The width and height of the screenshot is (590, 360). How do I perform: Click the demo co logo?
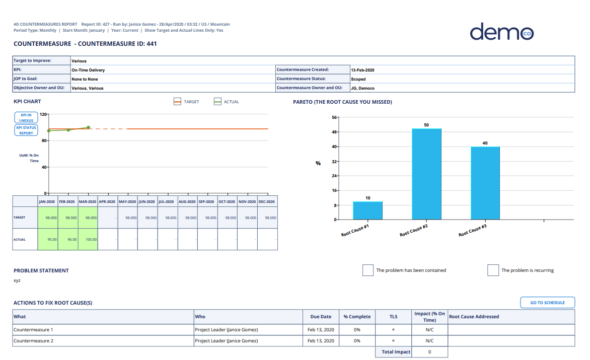pyautogui.click(x=501, y=32)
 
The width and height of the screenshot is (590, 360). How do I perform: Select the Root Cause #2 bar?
pyautogui.click(x=426, y=174)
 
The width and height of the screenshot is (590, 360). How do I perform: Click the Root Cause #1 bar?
pyautogui.click(x=367, y=210)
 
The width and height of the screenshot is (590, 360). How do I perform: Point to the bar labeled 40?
pyautogui.click(x=485, y=183)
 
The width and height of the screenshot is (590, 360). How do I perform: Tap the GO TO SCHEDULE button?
pyautogui.click(x=547, y=303)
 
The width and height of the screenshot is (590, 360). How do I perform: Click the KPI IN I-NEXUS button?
pyautogui.click(x=26, y=118)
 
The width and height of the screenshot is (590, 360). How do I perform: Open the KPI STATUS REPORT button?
pyautogui.click(x=26, y=130)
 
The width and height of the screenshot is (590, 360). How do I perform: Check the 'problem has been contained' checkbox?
pyautogui.click(x=367, y=270)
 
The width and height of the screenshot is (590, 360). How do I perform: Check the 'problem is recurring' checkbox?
pyautogui.click(x=493, y=270)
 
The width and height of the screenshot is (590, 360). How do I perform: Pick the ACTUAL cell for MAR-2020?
pyautogui.click(x=88, y=239)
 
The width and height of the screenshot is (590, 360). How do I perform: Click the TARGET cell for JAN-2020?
pyautogui.click(x=48, y=218)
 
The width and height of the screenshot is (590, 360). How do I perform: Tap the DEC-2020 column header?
pyautogui.click(x=267, y=201)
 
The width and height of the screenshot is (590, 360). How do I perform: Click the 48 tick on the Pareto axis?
pyautogui.click(x=334, y=132)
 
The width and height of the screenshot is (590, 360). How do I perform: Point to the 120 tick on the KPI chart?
pyautogui.click(x=43, y=114)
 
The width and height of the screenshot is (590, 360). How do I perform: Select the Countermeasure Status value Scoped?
pyautogui.click(x=358, y=79)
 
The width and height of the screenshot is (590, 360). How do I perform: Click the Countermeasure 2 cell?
pyautogui.click(x=33, y=341)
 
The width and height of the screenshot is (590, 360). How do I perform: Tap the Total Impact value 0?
pyautogui.click(x=429, y=352)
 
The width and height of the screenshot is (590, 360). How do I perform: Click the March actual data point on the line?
pyautogui.click(x=88, y=127)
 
